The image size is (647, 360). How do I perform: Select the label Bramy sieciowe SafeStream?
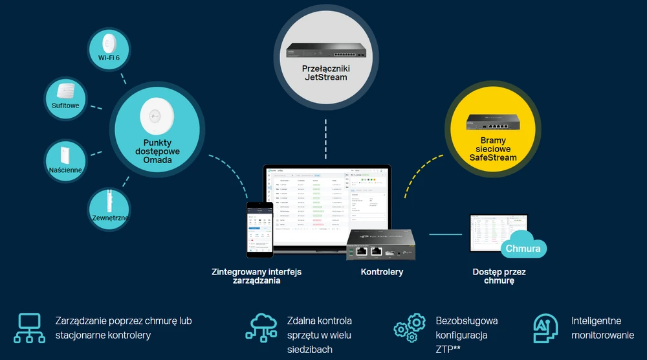pos(494,148)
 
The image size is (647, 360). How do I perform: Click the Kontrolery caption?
pos(382,272)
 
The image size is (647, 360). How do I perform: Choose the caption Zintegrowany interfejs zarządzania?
pos(256,276)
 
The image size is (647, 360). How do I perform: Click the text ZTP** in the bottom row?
pos(448,350)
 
